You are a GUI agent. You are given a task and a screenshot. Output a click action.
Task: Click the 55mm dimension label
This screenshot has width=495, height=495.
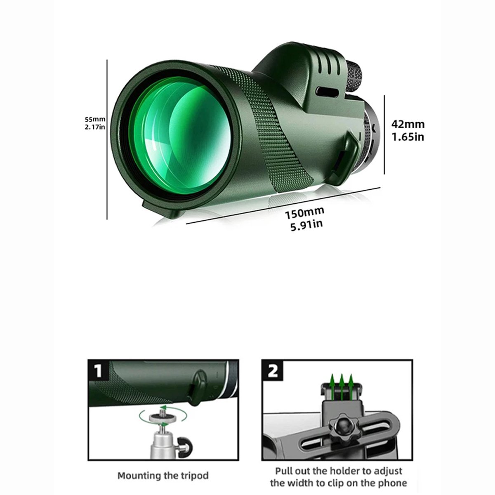tap(95, 119)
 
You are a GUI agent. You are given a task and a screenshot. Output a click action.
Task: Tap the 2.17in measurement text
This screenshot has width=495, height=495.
tap(95, 127)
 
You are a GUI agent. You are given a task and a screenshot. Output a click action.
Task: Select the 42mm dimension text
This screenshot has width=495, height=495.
tap(408, 124)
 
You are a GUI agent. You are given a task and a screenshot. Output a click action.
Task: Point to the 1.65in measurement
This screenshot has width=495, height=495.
tap(408, 137)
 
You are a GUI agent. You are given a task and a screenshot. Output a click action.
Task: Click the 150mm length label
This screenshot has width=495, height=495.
tap(305, 212)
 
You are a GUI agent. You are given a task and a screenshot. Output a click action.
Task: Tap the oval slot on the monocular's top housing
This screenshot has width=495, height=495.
tap(327, 92)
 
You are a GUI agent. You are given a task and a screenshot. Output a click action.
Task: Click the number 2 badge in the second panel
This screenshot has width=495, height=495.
tap(272, 371)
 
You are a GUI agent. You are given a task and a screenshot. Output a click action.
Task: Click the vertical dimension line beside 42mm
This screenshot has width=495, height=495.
tap(384, 134)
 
